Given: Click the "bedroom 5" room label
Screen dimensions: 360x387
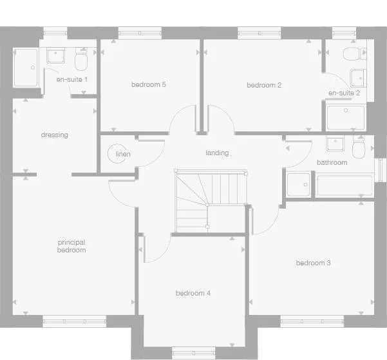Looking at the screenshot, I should tap(149, 84).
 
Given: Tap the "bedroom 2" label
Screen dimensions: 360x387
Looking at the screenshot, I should tap(264, 85).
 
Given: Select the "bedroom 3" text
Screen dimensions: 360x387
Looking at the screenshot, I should tap(314, 263).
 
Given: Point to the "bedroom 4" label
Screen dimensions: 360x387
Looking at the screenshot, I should tap(193, 293).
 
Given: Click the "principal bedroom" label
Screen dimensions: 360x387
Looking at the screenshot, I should tap(71, 246).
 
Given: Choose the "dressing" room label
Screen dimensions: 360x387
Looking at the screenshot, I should tap(54, 135).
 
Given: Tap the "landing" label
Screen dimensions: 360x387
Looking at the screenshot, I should tap(217, 153).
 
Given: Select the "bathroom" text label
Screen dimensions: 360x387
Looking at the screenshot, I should tap(332, 163).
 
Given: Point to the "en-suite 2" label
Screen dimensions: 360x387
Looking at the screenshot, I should tap(344, 93).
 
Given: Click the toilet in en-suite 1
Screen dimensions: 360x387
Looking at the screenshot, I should tap(81, 61).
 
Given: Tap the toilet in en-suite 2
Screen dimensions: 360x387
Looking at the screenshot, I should tap(351, 53).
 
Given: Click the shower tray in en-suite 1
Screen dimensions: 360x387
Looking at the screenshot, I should tap(26, 67).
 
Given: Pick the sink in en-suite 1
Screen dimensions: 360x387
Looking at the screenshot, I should tap(56, 56).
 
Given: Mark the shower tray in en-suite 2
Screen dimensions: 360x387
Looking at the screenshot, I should tap(346, 118).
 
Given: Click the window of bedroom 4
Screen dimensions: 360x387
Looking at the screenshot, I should tap(193, 352).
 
